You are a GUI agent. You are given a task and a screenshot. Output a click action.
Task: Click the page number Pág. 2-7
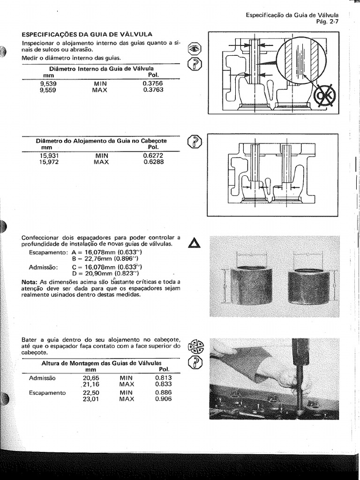[x=327, y=22]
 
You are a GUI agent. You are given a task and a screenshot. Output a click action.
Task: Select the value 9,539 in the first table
[x=48, y=84]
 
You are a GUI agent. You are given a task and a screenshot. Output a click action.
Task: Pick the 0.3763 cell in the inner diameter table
[x=153, y=90]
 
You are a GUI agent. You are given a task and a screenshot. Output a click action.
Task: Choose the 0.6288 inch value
[x=153, y=162]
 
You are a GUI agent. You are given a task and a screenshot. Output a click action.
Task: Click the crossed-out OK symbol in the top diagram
[x=324, y=96]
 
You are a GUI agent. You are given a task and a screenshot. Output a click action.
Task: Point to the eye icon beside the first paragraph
[x=195, y=48]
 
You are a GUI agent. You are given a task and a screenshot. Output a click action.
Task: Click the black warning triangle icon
[x=194, y=243]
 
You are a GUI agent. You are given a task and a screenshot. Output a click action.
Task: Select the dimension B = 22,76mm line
[x=106, y=258]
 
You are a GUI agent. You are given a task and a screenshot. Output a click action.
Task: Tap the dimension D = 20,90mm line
[x=106, y=273]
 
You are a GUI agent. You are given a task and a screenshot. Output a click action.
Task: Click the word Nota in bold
[x=30, y=282]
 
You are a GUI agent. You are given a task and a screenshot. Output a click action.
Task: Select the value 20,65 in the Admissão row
[x=90, y=378]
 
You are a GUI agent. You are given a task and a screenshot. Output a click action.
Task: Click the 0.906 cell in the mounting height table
[x=164, y=399]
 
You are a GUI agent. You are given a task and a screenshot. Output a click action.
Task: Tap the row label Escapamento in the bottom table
[x=47, y=393]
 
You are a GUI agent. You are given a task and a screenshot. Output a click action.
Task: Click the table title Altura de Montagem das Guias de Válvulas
[x=101, y=363]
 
